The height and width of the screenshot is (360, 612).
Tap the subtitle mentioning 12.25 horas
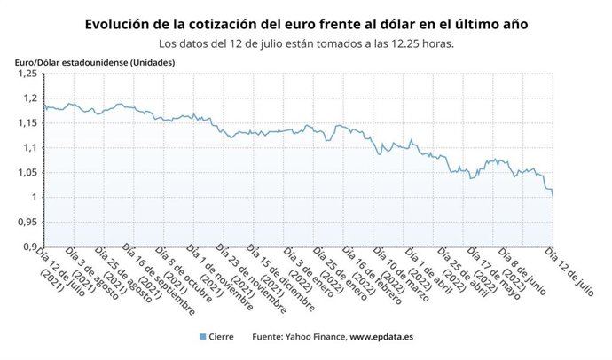[306, 43]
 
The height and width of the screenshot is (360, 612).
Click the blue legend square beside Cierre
[203, 337]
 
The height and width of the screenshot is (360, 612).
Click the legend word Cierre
[225, 337]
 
